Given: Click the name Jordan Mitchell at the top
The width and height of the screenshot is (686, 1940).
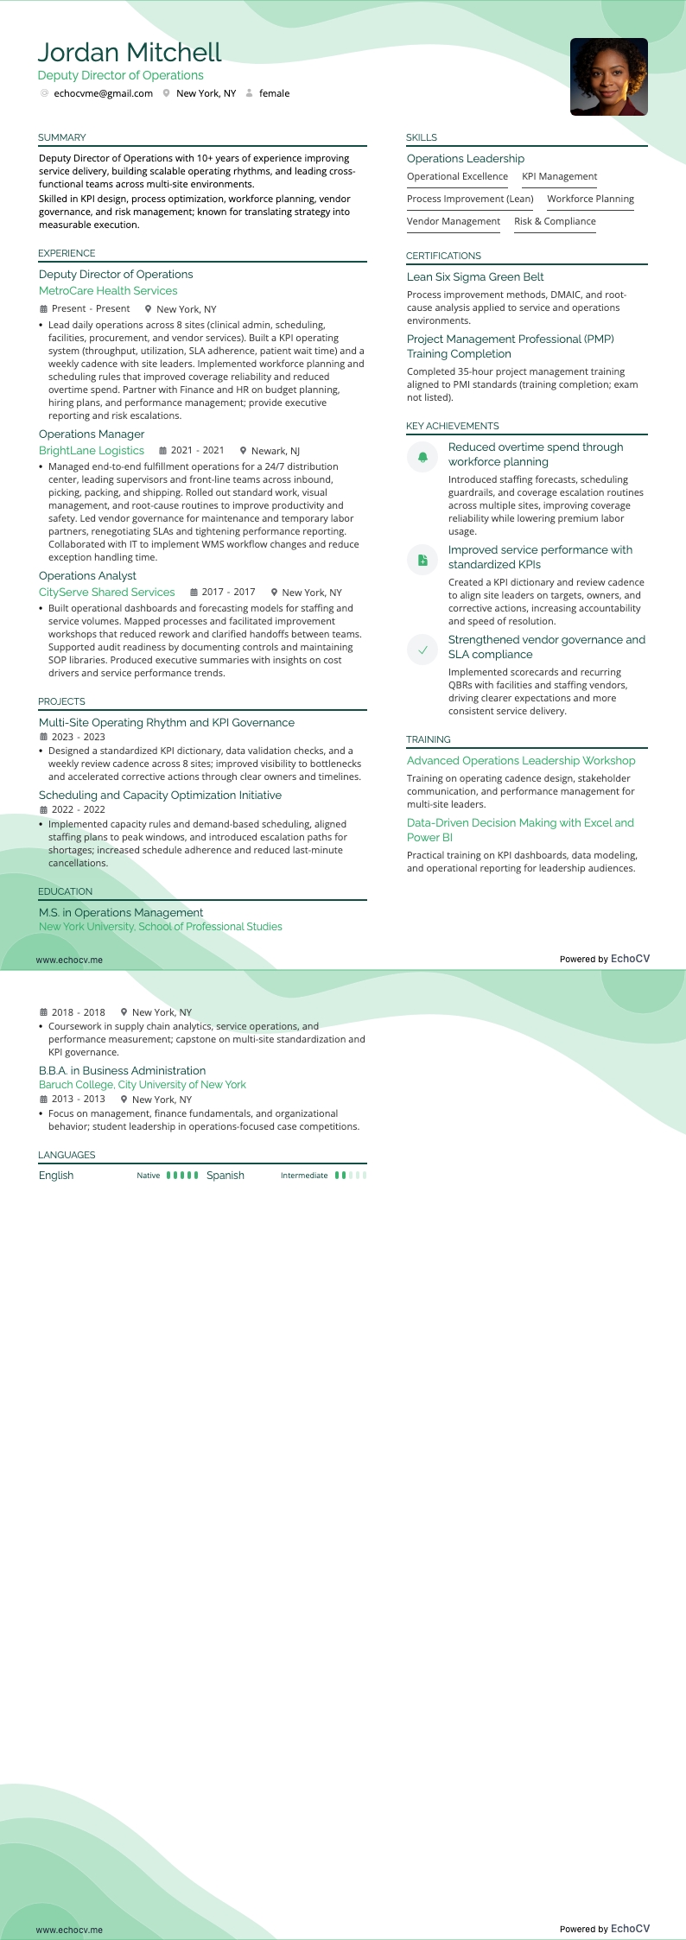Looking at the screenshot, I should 130,53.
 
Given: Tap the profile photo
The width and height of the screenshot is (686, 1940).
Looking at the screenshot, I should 608,77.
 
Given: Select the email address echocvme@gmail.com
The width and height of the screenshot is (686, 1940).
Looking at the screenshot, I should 103,93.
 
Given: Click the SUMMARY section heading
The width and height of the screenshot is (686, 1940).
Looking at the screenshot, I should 62,137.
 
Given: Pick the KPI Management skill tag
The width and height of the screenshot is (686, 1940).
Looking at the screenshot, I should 559,176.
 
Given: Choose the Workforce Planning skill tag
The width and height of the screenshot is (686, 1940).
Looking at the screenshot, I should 590,199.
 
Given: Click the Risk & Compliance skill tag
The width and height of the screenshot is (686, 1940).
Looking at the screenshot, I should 555,221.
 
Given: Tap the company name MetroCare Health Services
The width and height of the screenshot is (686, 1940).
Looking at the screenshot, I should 108,291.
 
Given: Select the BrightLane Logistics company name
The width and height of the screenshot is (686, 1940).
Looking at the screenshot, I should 92,450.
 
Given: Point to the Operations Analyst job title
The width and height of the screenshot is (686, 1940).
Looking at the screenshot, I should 87,575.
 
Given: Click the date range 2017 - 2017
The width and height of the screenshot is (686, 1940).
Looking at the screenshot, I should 228,592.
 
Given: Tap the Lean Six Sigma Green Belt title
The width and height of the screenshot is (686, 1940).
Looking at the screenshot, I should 475,276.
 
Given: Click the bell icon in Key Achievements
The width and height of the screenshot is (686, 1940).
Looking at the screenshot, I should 422,456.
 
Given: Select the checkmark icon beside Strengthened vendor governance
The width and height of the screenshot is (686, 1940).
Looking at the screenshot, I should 422,650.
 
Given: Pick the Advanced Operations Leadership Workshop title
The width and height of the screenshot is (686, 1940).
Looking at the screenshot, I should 521,760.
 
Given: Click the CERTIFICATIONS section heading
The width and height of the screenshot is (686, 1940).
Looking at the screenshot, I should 443,256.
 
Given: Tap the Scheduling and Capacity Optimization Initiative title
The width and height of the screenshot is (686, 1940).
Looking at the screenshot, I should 160,795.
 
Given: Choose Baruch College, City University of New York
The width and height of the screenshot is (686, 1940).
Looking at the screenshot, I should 143,1084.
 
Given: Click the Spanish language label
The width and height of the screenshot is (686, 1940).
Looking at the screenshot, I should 225,1175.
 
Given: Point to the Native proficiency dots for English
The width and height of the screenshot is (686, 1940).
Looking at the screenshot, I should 182,1175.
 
